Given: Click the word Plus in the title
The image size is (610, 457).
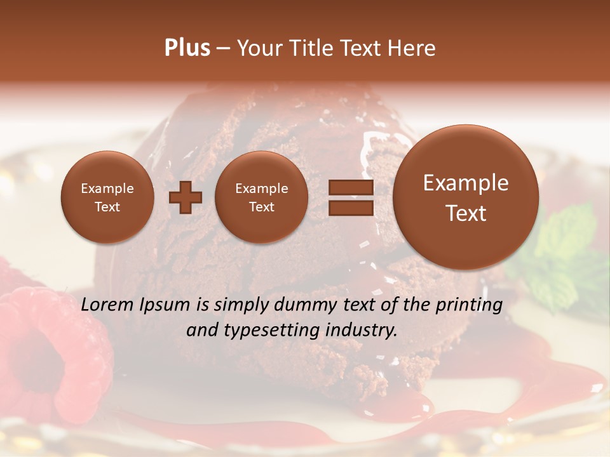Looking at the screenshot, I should point(187,48).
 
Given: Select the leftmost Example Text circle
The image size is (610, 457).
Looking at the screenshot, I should point(107,197).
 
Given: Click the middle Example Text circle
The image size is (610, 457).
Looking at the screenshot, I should point(262,197).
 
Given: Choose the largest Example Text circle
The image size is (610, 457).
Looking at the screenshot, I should point(466,197).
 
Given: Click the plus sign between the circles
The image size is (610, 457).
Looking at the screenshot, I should point(186,197).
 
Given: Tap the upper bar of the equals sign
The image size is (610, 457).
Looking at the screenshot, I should point(351,187).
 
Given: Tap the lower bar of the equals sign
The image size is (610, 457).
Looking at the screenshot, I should point(351,208).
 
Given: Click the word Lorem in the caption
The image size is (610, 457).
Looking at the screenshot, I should point(107,305).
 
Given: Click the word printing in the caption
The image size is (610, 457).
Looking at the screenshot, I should point(469,305).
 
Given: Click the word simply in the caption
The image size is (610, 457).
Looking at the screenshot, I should point(241,305).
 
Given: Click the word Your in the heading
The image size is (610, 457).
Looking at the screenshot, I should point(259,48).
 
